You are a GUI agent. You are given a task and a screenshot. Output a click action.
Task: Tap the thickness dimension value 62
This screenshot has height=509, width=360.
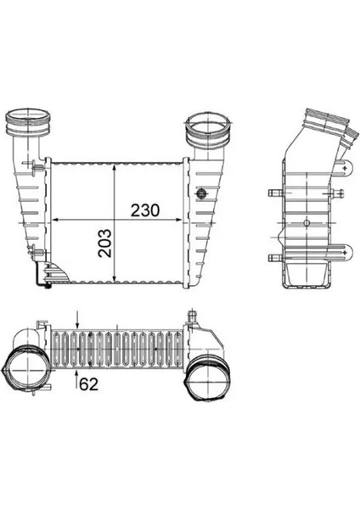pos(89,385)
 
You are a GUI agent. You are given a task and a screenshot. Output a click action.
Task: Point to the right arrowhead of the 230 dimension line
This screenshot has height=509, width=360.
pos(183,220)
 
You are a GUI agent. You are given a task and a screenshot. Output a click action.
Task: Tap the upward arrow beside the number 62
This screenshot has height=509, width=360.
pos(78,374)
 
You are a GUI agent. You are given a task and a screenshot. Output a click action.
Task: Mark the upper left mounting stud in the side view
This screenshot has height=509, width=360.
pos(273,194)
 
